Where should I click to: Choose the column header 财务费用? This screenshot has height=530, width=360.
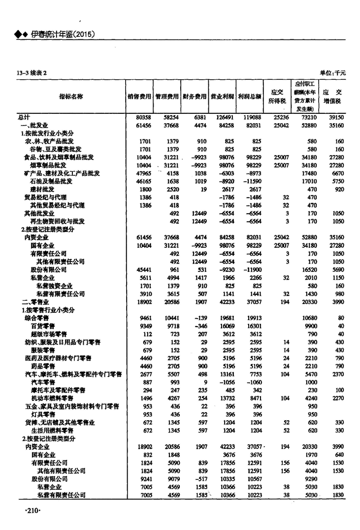[194, 97]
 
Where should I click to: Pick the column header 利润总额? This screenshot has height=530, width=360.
[249, 97]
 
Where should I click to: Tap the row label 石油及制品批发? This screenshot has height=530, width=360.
[51, 181]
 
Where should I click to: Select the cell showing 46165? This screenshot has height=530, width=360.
[143, 181]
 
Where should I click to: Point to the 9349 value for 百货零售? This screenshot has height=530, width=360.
[144, 326]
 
